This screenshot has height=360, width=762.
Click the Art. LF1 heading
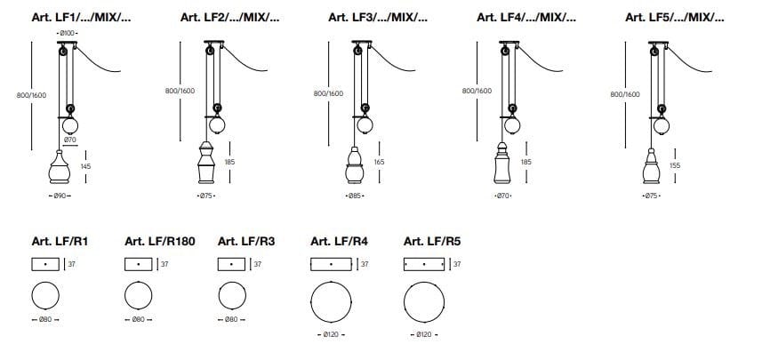click(81, 17)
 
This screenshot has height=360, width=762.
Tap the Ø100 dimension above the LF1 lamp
click(68, 33)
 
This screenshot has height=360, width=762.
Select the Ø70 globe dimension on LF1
click(70, 140)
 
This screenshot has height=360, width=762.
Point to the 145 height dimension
click(86, 166)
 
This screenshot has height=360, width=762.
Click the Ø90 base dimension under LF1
click(60, 196)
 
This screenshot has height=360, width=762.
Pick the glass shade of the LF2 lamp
click(206, 163)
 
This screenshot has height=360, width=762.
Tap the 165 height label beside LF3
click(379, 162)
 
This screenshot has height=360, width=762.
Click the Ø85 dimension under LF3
click(356, 196)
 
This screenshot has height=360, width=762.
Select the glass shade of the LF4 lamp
click(502, 163)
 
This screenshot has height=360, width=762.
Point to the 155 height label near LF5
click(675, 165)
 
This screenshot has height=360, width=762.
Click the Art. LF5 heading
click(675, 17)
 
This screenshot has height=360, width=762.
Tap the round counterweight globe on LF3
click(365, 124)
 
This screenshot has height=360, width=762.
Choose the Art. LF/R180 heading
click(160, 241)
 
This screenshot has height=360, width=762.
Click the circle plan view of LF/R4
click(331, 301)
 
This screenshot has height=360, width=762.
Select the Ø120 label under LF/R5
click(424, 335)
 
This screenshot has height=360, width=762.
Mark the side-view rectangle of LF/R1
click(45, 264)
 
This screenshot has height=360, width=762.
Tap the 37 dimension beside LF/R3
click(258, 264)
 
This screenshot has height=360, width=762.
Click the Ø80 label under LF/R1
click(45, 320)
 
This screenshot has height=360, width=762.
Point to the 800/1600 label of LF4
click(477, 91)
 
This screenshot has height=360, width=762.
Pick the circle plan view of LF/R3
click(232, 295)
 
